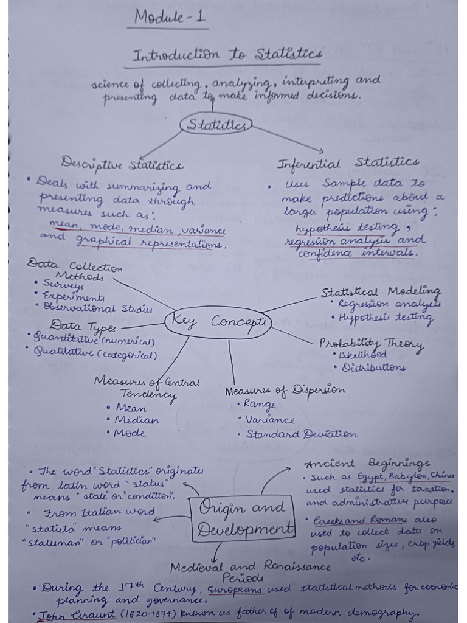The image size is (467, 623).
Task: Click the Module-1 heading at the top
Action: coord(170,18)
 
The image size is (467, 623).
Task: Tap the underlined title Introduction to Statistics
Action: coord(227,55)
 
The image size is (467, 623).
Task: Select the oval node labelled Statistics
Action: coord(216,125)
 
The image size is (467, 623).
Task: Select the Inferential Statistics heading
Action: coord(347,162)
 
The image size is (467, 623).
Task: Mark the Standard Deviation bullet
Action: coord(300,434)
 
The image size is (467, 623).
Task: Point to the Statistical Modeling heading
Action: coord(381,291)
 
